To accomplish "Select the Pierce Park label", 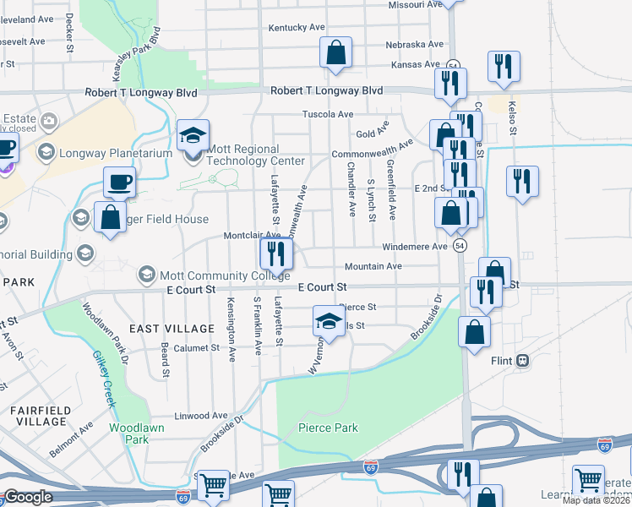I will point(328,428).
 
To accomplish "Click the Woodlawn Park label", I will point(129,433).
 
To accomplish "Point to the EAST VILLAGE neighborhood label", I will point(172,328).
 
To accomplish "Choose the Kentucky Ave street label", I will point(297,27).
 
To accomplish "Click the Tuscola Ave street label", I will point(328,114).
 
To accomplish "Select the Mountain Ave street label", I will point(373,266).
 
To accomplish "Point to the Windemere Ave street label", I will point(414,247).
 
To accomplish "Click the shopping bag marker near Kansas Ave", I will point(335,52).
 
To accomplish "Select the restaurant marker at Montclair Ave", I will point(275,252).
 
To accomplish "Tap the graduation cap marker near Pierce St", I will point(329,321).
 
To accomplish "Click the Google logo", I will point(27,497).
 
